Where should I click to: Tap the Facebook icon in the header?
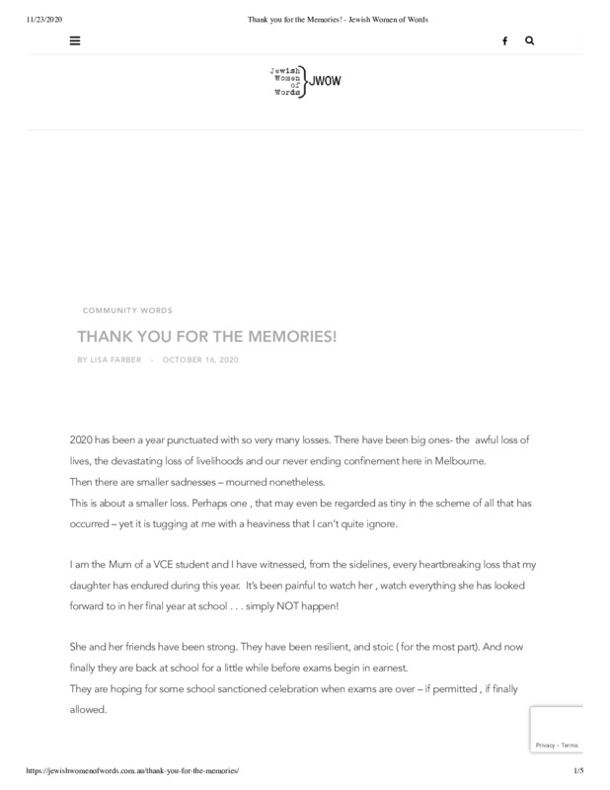tap(504, 40)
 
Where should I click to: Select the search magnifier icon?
tap(530, 40)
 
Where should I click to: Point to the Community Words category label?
tap(127, 311)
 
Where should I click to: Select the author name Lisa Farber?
tap(114, 359)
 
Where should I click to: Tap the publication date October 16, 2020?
tap(200, 359)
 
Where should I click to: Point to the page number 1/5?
tap(577, 769)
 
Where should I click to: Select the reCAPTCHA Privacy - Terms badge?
tap(555, 745)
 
